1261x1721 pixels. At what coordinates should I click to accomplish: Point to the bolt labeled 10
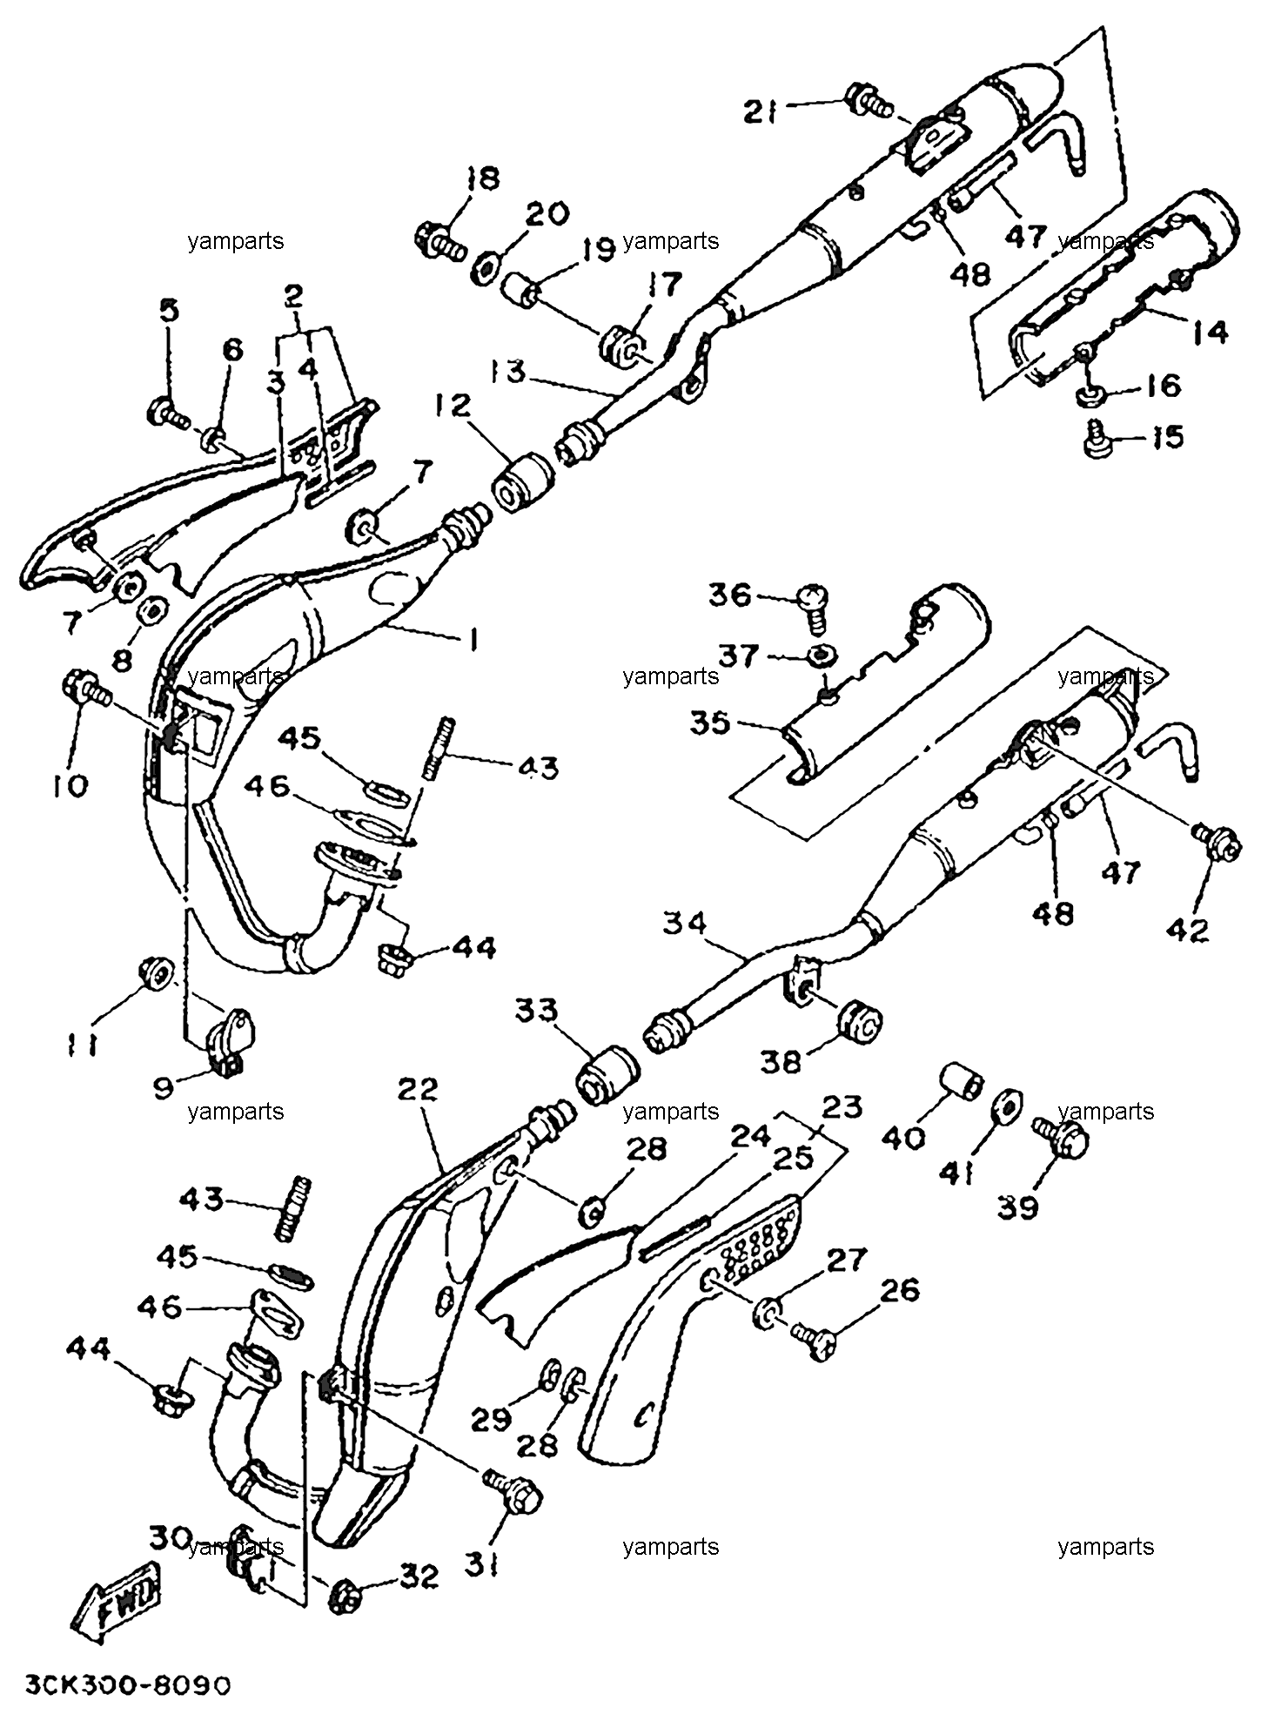[84, 687]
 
